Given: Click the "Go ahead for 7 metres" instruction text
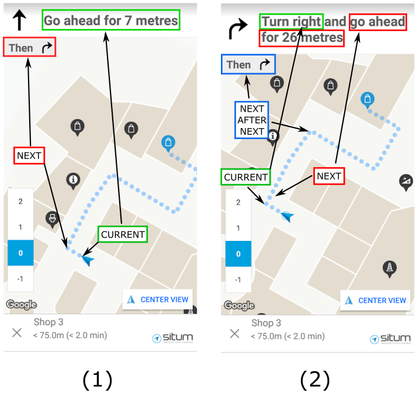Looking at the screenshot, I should point(111,21).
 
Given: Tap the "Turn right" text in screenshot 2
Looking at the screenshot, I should point(291,22).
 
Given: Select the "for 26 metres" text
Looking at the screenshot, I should point(302,38).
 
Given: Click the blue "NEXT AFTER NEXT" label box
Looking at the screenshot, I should point(252,120).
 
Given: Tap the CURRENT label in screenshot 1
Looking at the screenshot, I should point(123,235).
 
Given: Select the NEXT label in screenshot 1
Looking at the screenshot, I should point(29,156).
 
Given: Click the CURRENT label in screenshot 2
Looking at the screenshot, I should point(245,177).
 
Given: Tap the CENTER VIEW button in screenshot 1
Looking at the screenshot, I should point(158,299).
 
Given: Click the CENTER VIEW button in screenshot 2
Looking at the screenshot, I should point(376,300).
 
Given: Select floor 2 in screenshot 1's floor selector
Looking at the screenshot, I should point(20,201).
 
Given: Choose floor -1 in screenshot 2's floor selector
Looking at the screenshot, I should point(238,280).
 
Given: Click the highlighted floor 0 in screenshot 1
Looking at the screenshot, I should point(20,253).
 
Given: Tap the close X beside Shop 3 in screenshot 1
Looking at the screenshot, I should point(17,332).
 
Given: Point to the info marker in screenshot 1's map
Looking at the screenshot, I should point(73,180).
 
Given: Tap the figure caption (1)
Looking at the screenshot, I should point(97,380).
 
